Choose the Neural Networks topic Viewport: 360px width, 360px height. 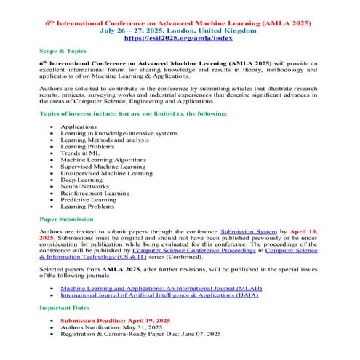[x=84, y=187]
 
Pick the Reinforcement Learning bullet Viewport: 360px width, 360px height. [x=95, y=193]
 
